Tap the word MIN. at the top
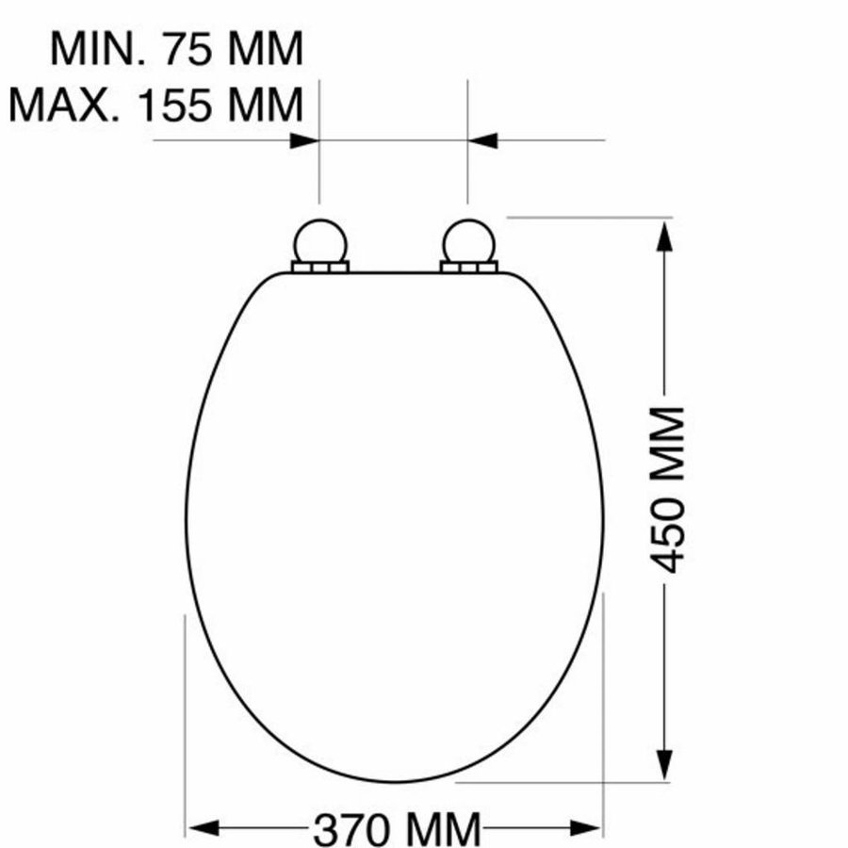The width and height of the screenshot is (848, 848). tap(98, 49)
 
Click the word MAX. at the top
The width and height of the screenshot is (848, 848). tap(64, 106)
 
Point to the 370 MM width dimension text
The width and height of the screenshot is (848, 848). tap(397, 829)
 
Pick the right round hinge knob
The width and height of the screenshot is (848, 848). tap(467, 240)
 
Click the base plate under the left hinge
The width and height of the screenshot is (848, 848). tap(320, 268)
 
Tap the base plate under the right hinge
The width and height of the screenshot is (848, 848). tap(468, 268)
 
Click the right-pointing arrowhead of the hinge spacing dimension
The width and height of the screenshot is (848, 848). tap(304, 140)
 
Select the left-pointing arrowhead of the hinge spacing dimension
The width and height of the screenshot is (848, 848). tap(482, 140)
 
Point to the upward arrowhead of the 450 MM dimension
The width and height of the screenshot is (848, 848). tap(665, 236)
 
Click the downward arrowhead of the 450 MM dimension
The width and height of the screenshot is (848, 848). tap(665, 763)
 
